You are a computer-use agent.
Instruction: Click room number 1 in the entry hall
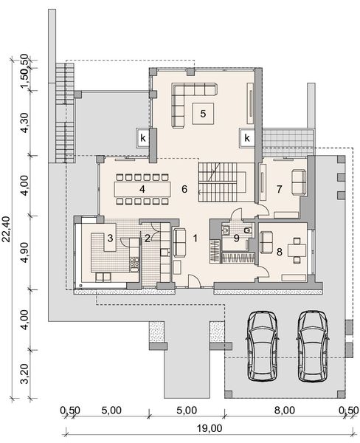pos(195,238)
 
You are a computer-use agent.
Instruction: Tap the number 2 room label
pos(148,238)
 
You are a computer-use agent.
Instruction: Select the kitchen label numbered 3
pos(110,238)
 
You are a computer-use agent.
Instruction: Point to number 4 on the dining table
pos(140,189)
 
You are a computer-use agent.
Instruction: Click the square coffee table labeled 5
pos(200,113)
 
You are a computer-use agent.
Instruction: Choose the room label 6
pos(184,189)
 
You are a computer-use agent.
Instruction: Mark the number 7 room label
pos(279,189)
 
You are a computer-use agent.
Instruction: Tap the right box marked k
pos(247,137)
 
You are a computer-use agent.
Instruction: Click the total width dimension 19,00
pos(210,427)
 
